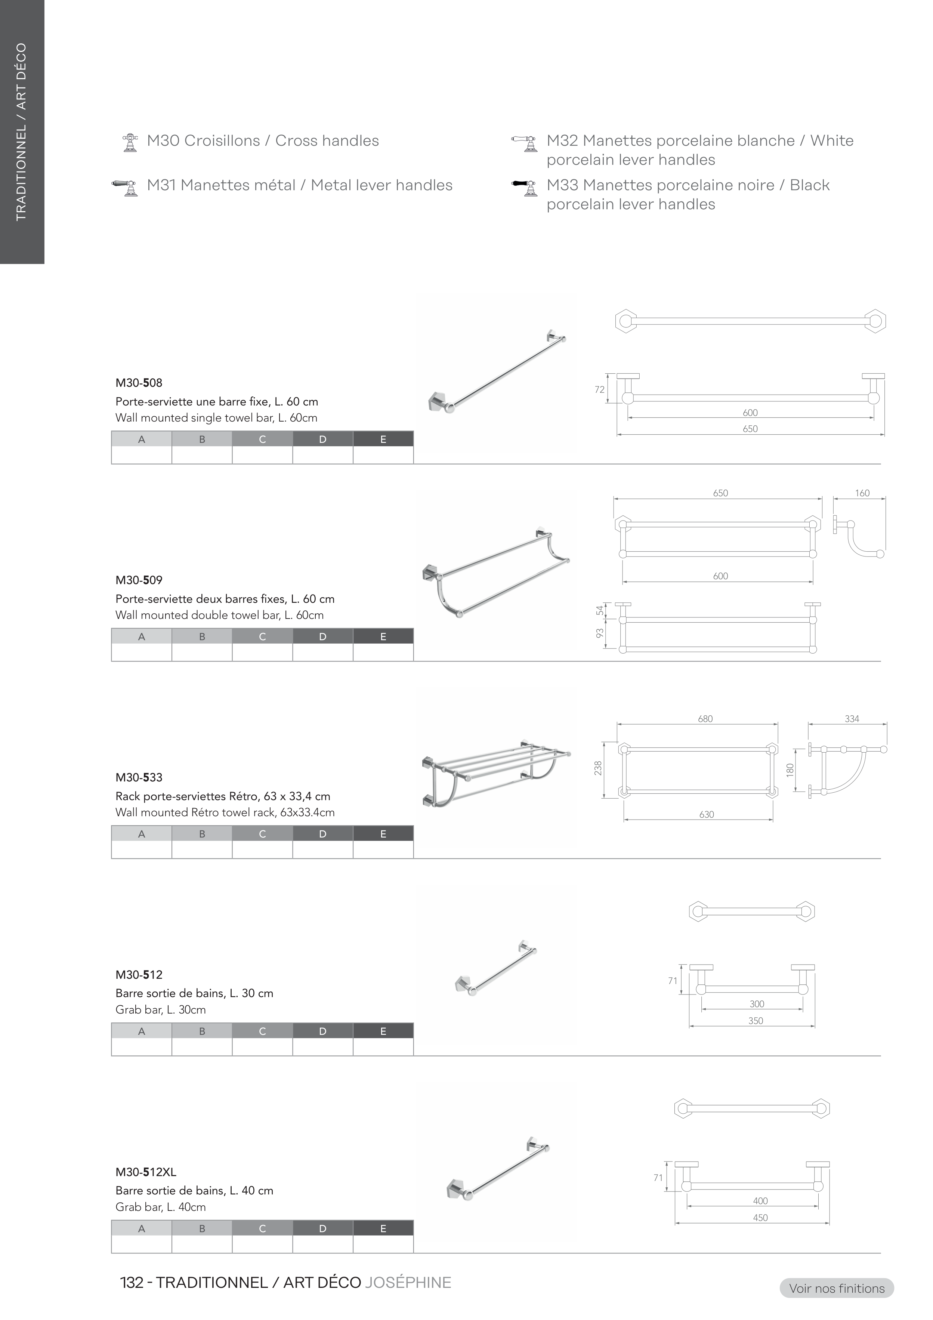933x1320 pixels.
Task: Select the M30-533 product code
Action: pyautogui.click(x=139, y=778)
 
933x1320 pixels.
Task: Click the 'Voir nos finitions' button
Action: pyautogui.click(x=837, y=1288)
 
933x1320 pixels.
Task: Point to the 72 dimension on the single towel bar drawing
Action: pyautogui.click(x=600, y=390)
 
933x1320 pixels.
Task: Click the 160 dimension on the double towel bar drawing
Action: pyautogui.click(x=862, y=493)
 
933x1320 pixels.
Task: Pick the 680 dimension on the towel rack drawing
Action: pyautogui.click(x=705, y=719)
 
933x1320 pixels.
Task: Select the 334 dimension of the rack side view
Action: pyautogui.click(x=852, y=719)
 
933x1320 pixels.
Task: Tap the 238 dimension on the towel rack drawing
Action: pyautogui.click(x=599, y=768)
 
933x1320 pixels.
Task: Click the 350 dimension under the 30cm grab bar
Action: pyautogui.click(x=756, y=1021)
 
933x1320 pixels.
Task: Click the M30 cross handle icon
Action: pyautogui.click(x=130, y=142)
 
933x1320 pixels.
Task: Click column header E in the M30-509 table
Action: pyautogui.click(x=383, y=637)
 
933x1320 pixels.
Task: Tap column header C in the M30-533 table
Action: pyautogui.click(x=262, y=834)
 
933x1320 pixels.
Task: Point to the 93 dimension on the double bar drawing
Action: pyautogui.click(x=600, y=633)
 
